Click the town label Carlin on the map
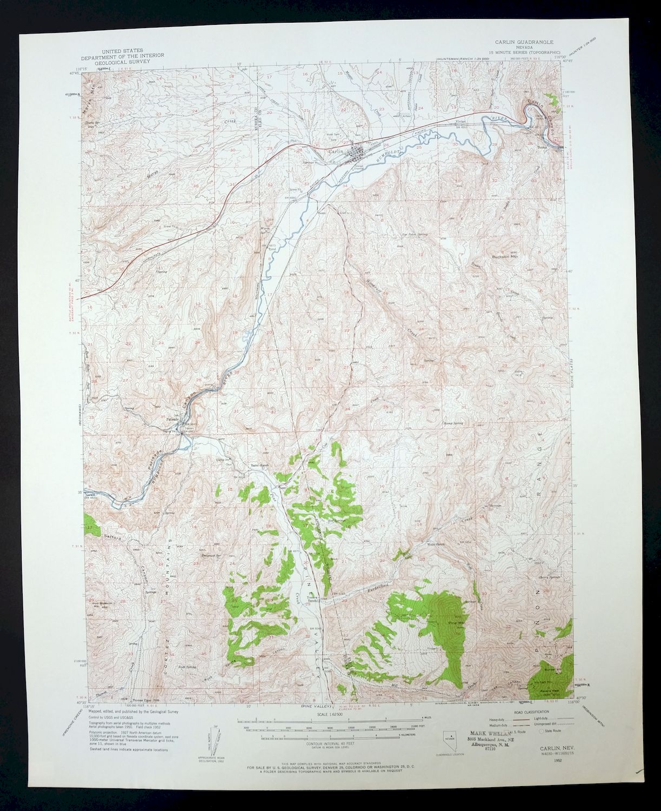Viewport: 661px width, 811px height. pos(335,152)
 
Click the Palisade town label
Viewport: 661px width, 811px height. pos(172,419)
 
